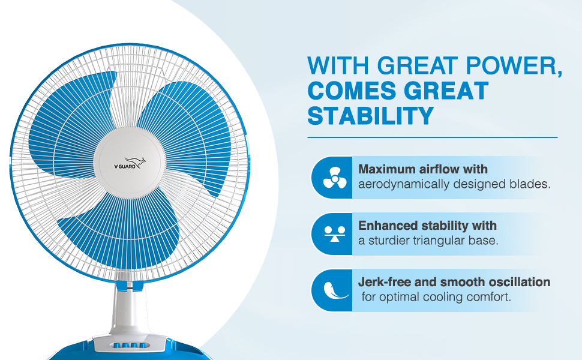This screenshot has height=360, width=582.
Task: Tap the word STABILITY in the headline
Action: pos(370,115)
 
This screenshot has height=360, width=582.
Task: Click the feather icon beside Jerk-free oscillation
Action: pos(335,290)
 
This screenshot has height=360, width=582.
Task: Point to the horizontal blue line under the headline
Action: pos(433,137)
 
